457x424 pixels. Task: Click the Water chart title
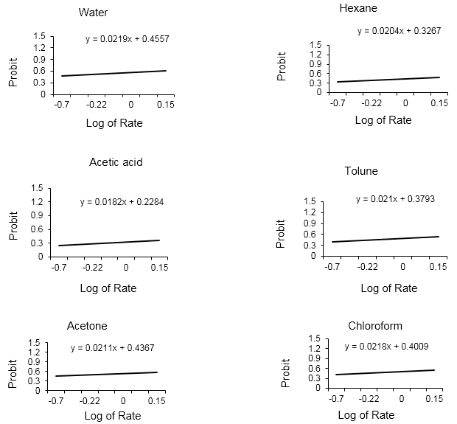93,13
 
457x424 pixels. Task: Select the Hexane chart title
358,8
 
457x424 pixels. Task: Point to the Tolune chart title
361,171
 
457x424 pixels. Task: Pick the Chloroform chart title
375,325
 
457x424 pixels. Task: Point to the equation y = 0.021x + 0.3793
394,198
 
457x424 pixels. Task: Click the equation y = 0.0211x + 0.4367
113,347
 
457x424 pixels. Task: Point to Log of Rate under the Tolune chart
389,288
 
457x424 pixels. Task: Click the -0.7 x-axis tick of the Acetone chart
56,401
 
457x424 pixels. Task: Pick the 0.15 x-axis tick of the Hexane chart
439,103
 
